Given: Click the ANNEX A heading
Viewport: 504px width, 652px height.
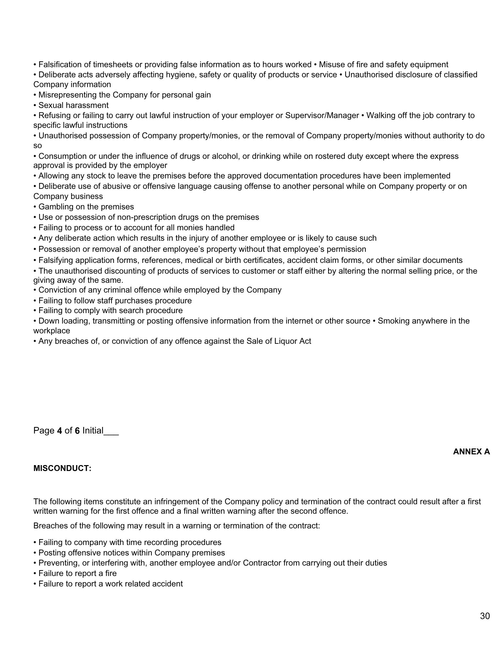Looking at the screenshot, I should [x=471, y=451].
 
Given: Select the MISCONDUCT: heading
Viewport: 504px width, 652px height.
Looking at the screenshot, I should [x=62, y=468].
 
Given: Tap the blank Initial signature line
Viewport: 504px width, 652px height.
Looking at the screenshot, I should [x=111, y=432].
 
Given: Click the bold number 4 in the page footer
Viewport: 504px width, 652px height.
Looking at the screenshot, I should [x=59, y=431].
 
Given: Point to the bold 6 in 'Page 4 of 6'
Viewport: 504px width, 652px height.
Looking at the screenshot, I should [x=77, y=431].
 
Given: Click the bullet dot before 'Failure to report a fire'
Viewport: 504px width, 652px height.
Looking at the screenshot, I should [x=35, y=573].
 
